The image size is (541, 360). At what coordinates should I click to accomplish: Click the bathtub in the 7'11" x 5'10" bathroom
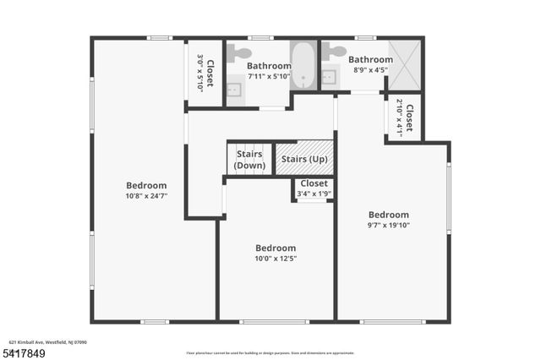point(302,66)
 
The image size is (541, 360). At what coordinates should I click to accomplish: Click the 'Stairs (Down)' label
point(250,159)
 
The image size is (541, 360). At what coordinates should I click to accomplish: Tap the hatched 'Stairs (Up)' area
point(305,158)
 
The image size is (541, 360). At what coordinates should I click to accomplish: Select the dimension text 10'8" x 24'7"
point(146,196)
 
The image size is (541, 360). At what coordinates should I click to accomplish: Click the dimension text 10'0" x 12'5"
point(276,258)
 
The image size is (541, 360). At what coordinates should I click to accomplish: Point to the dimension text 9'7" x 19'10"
point(388,225)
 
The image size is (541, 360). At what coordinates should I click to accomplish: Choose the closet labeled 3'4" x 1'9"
point(314,188)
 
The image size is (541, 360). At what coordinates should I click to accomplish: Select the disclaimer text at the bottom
point(270,352)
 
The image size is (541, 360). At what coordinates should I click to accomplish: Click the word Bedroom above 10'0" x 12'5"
point(276,248)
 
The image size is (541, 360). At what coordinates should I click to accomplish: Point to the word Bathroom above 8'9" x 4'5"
point(370,60)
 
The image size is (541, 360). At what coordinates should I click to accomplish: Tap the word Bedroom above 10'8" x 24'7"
point(146,186)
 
